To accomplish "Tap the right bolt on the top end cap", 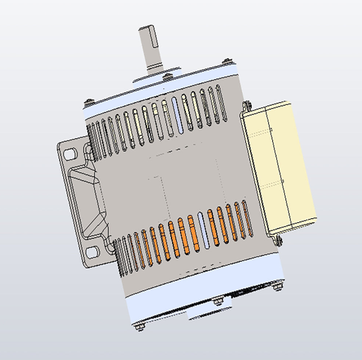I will pyautogui.click(x=226, y=61).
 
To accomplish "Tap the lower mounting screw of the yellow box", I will pyautogui.click(x=276, y=240).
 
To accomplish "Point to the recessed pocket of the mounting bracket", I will pyautogui.click(x=86, y=198).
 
